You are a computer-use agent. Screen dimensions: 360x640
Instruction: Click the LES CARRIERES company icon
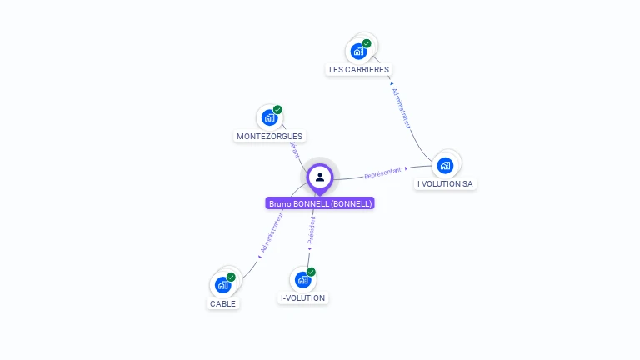pyautogui.click(x=359, y=51)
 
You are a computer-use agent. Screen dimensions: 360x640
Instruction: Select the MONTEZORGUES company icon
pyautogui.click(x=269, y=117)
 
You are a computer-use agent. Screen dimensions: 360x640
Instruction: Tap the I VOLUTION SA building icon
pyautogui.click(x=445, y=165)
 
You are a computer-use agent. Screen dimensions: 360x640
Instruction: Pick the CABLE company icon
pyautogui.click(x=222, y=285)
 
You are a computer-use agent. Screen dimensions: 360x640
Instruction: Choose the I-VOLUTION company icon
pyautogui.click(x=302, y=279)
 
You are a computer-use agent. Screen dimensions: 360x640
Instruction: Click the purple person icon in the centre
pyautogui.click(x=320, y=177)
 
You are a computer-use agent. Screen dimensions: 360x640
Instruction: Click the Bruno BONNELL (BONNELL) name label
pyautogui.click(x=320, y=203)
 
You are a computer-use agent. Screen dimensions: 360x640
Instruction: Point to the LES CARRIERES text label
pyautogui.click(x=359, y=70)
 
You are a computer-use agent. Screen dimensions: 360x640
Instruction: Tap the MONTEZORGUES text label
pyautogui.click(x=269, y=136)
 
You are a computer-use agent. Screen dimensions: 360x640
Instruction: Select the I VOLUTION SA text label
pyautogui.click(x=446, y=183)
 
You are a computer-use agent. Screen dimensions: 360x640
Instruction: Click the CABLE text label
pyautogui.click(x=223, y=303)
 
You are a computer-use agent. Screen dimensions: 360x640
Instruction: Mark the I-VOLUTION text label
pyautogui.click(x=303, y=297)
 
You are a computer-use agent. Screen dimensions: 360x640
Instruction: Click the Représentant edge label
pyautogui.click(x=382, y=173)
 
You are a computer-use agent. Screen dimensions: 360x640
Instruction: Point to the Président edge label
pyautogui.click(x=312, y=230)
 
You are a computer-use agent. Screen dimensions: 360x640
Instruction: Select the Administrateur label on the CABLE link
pyautogui.click(x=272, y=232)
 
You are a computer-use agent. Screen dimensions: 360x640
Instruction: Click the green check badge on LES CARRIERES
pyautogui.click(x=367, y=43)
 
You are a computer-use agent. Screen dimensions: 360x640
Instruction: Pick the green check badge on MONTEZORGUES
pyautogui.click(x=277, y=110)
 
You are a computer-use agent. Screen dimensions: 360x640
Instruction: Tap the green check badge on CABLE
pyautogui.click(x=231, y=277)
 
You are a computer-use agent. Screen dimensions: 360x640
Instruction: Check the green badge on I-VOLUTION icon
pyautogui.click(x=311, y=272)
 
